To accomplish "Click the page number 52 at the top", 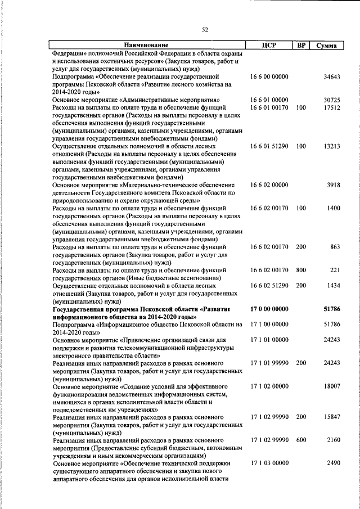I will click(205, 30).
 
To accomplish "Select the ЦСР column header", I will click(268, 46).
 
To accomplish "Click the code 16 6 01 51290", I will click(269, 146).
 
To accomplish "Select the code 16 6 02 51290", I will click(269, 286).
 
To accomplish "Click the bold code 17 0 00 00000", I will click(269, 309).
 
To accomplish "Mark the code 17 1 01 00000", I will click(269, 340).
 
